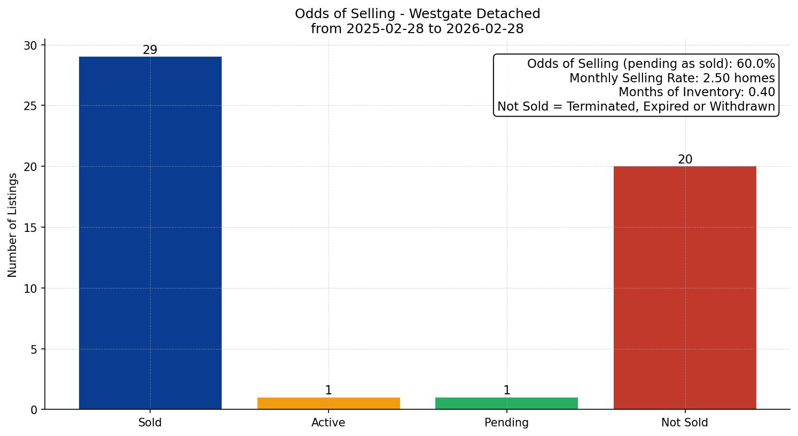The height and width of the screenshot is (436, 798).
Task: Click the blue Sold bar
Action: (x=150, y=232)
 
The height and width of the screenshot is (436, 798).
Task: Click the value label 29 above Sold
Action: (x=150, y=50)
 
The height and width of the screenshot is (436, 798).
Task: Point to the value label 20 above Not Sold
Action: (x=685, y=160)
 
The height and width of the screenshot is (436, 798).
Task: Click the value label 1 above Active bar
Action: (x=328, y=391)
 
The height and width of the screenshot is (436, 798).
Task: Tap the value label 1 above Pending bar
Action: (x=506, y=391)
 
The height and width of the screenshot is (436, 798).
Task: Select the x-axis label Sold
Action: (x=150, y=423)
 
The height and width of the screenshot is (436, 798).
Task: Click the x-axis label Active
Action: (x=328, y=423)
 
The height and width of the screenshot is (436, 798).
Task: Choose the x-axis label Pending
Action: (x=506, y=423)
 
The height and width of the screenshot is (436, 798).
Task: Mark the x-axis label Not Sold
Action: (x=685, y=423)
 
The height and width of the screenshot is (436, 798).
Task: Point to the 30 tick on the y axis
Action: (x=30, y=45)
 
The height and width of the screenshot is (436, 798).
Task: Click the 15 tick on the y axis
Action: (x=30, y=228)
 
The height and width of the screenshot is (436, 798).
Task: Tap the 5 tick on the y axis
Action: (x=34, y=349)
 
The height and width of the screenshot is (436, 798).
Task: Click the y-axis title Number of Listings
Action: (x=13, y=225)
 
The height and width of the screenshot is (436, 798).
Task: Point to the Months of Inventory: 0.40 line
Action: (x=697, y=92)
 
